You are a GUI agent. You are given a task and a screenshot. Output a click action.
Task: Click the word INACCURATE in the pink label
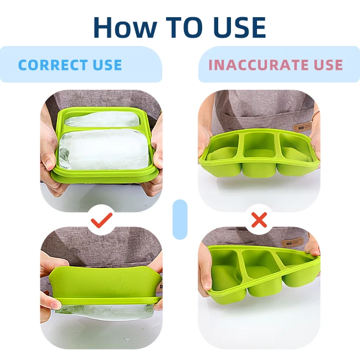click(254, 65)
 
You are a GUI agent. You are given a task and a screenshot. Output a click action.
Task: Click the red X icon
click(259, 221)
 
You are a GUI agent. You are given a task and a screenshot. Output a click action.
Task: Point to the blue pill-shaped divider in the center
click(180, 219)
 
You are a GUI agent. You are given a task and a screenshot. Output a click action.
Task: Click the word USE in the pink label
click(327, 65)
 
